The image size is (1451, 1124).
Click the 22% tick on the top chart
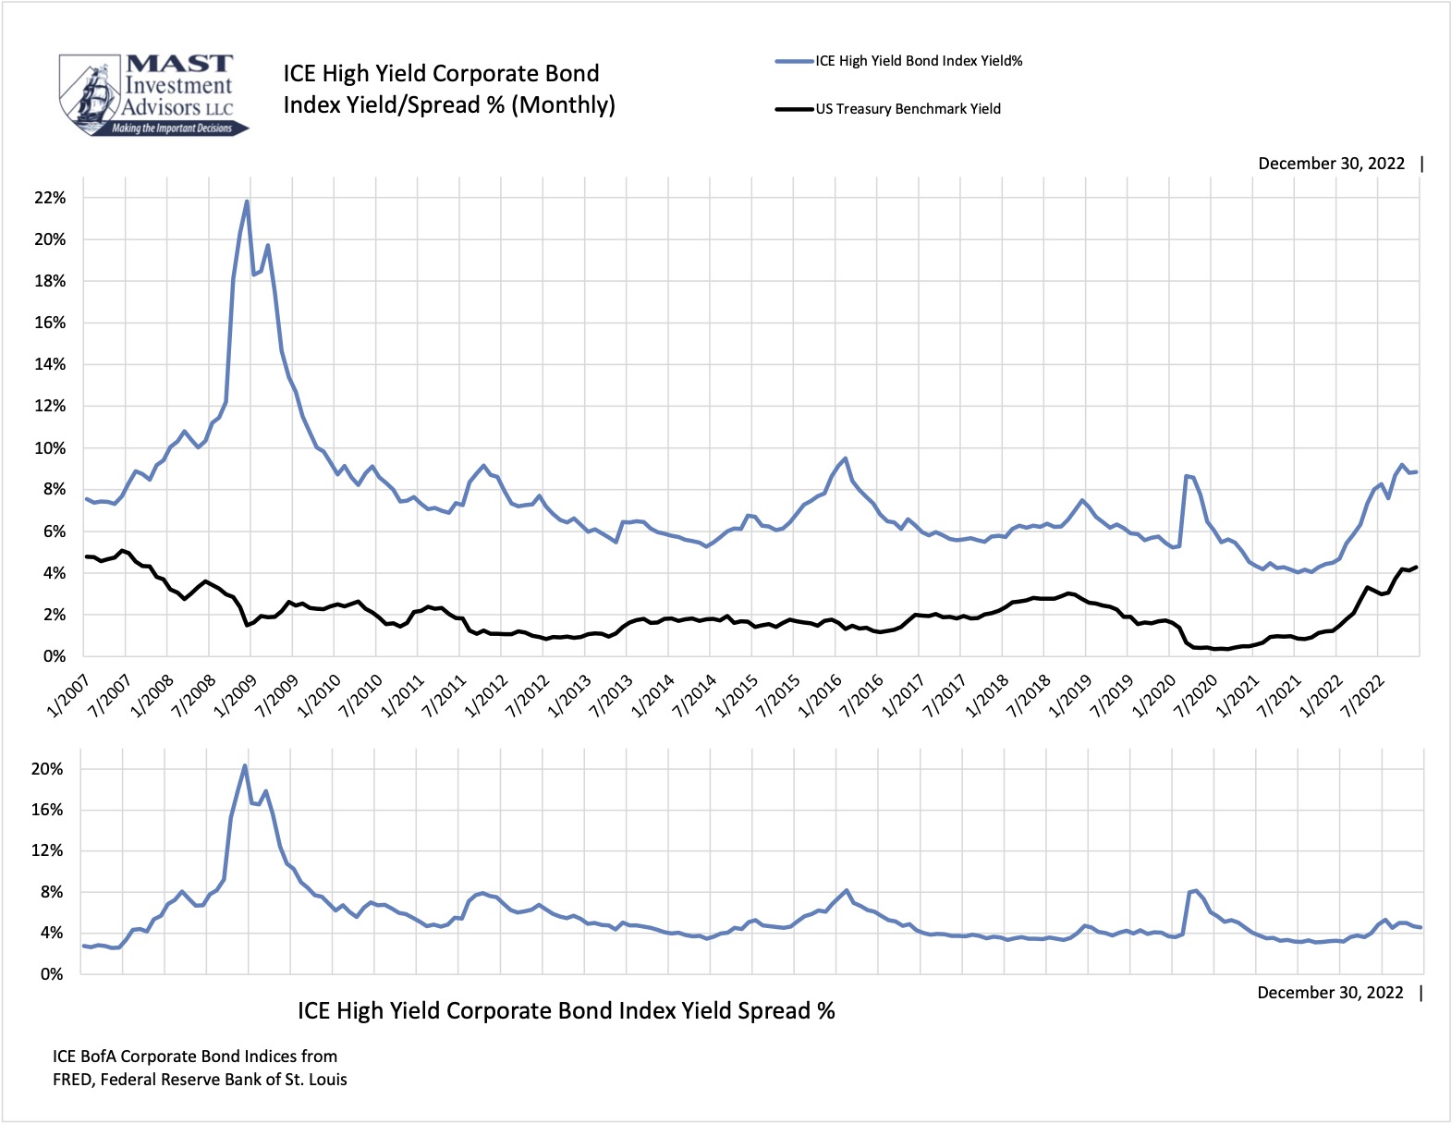click(49, 198)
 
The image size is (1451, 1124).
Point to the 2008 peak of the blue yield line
click(247, 202)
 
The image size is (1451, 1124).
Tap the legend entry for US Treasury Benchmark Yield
click(908, 109)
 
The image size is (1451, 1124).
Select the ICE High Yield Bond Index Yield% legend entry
click(919, 61)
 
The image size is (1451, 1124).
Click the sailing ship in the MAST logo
click(92, 95)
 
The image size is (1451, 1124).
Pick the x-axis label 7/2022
click(1363, 695)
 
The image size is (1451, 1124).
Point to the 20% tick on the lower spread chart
click(47, 769)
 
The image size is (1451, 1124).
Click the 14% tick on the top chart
click(49, 364)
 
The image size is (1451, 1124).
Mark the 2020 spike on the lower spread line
click(1197, 891)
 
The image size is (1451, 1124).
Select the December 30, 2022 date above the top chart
click(1331, 164)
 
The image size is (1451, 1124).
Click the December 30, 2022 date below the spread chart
click(1330, 993)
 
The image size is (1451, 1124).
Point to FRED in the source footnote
click(72, 1080)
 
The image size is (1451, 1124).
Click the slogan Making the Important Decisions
click(172, 128)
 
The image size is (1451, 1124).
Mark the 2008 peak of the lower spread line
click(245, 765)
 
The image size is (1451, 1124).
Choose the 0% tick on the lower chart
click(51, 974)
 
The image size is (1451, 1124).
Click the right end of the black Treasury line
click(1416, 568)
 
